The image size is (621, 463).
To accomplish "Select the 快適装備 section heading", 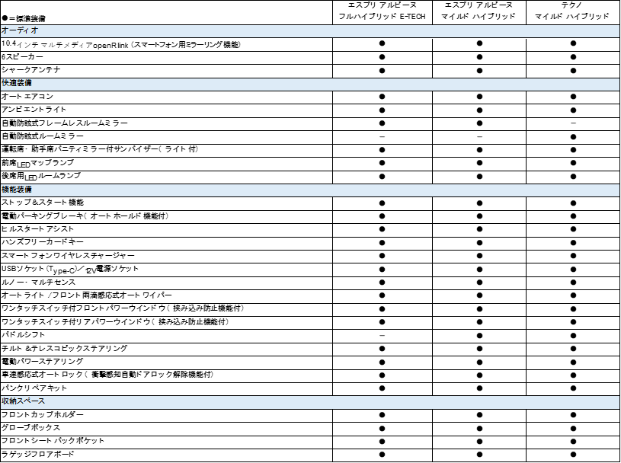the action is pyautogui.click(x=17, y=83).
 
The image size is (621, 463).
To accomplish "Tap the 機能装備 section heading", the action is pyautogui.click(x=17, y=190).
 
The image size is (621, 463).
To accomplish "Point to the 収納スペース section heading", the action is pyautogui.click(x=23, y=401).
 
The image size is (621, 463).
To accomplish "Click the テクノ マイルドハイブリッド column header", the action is pyautogui.click(x=572, y=11).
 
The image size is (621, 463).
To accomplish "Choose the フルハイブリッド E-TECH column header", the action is pyautogui.click(x=382, y=11).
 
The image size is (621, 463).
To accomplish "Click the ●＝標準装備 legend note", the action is pyautogui.click(x=24, y=18).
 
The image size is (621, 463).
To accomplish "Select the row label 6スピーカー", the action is pyautogui.click(x=22, y=57).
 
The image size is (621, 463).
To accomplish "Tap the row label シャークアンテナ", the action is pyautogui.click(x=31, y=70).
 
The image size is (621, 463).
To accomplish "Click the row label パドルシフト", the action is pyautogui.click(x=23, y=335).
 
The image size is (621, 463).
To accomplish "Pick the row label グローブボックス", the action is pyautogui.click(x=31, y=428).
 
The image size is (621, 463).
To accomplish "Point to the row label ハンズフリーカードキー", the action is pyautogui.click(x=43, y=242).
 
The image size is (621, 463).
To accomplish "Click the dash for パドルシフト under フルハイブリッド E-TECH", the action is pyautogui.click(x=382, y=336).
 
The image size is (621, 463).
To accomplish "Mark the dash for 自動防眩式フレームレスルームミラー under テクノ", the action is pyautogui.click(x=573, y=123).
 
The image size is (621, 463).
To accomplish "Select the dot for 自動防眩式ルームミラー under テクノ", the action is pyautogui.click(x=573, y=137).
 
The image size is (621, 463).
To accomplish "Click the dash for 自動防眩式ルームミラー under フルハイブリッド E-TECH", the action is pyautogui.click(x=382, y=136).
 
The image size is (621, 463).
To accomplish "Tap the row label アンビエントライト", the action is pyautogui.click(x=34, y=109).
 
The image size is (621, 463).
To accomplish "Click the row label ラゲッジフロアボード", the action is pyautogui.click(x=37, y=454).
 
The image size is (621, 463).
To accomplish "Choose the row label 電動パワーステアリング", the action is pyautogui.click(x=43, y=361).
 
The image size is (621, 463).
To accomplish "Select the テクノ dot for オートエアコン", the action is pyautogui.click(x=573, y=97).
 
